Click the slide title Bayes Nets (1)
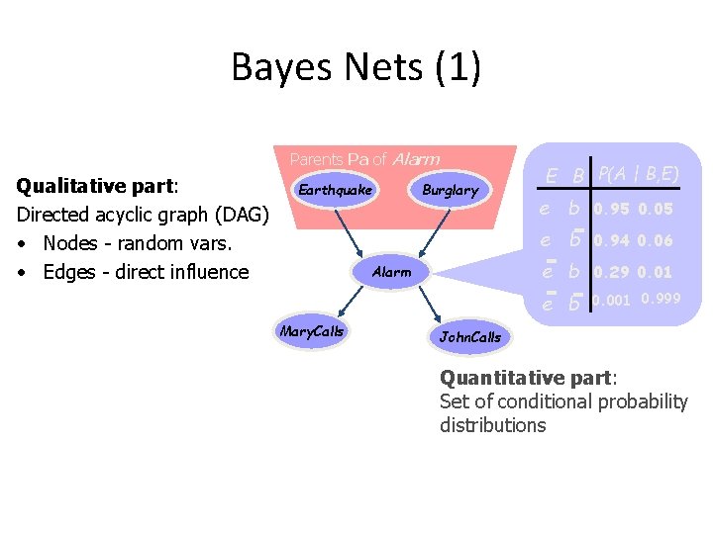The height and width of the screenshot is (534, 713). coord(356,67)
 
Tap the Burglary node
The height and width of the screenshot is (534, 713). coord(450,190)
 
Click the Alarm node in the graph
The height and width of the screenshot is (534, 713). coord(391,272)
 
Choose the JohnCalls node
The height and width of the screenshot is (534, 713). coord(470,337)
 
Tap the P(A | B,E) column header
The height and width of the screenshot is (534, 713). coord(639,175)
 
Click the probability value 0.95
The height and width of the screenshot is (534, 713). coord(612,209)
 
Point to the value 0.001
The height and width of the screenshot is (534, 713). coord(612,301)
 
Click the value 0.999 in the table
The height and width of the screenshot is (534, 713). coord(661,299)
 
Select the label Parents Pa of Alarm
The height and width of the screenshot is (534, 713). coord(364,158)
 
